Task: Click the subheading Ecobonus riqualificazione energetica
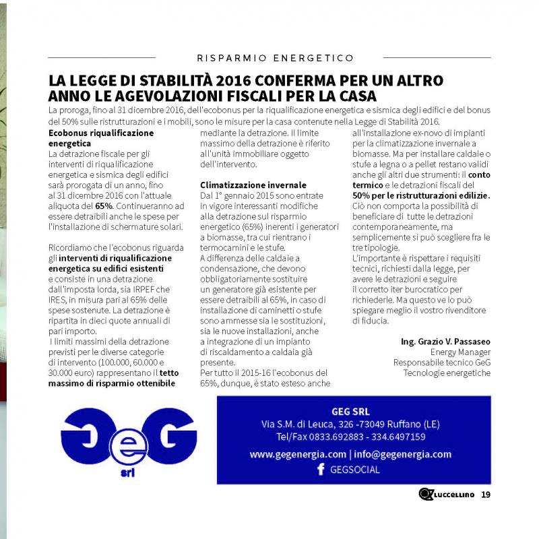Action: coord(101,138)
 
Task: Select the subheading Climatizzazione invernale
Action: coord(253,185)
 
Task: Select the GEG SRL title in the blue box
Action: coord(350,412)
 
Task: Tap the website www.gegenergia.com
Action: coord(298,455)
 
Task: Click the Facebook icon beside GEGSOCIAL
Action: coord(321,470)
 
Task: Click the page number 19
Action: coord(486,496)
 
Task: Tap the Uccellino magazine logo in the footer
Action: coord(446,496)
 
